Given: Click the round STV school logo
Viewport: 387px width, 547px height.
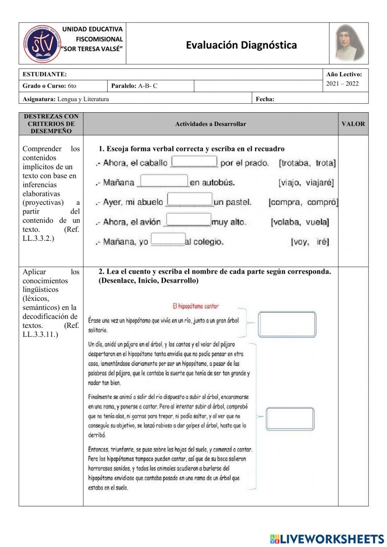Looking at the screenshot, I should pos(41,44).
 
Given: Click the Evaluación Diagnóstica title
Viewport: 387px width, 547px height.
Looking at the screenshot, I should pos(241,45).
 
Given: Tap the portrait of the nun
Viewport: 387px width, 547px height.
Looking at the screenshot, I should pos(349,43).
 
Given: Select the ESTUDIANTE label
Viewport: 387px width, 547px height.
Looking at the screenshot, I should pos(45,74).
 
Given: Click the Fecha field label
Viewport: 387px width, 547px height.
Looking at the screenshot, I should pos(265,99).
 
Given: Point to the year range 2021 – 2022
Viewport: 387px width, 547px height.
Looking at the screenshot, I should pos(342,84).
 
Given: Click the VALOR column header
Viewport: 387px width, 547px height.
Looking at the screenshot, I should pos(353,124).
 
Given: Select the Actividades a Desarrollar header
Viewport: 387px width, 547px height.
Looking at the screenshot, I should pos(211,124).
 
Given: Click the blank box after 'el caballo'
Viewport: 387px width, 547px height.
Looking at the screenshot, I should pos(194,161).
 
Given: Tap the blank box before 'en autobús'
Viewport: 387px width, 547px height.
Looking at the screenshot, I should pos(164,181).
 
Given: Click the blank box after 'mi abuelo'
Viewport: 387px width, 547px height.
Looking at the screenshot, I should pos(190,199).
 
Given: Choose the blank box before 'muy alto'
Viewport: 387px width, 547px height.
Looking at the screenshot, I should pos(189,219).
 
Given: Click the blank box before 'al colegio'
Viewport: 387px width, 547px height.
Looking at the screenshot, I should pos(168,239).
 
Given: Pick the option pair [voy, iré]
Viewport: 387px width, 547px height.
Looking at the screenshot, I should pos(310,242).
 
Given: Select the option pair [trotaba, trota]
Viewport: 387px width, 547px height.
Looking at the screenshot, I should pos(307,163).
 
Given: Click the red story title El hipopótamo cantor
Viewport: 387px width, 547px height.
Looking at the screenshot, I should pos(195,306).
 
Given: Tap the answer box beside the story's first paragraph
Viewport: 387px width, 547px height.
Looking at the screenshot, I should pos(287,324).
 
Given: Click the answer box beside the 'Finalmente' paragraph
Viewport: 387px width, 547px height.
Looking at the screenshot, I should pos(290,419).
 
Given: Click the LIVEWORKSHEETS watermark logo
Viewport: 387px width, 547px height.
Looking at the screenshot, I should pos(327,539).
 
